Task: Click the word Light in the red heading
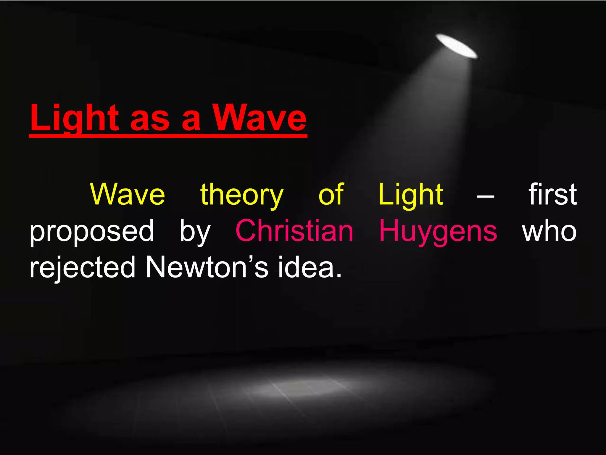tap(74, 118)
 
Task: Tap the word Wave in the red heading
tap(260, 118)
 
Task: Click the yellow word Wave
tap(128, 194)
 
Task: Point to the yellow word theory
tap(242, 196)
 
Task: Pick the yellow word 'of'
tap(331, 194)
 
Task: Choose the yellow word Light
tap(411, 195)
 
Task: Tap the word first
tap(552, 194)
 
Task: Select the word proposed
tap(92, 232)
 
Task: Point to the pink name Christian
tap(294, 231)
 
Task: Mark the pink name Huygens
tap(438, 232)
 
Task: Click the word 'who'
tap(549, 231)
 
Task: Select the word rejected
tap(83, 268)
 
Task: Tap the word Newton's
tap(207, 267)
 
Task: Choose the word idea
tap(310, 267)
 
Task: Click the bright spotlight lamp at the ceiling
tap(456, 46)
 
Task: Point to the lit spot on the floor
tap(305, 386)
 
